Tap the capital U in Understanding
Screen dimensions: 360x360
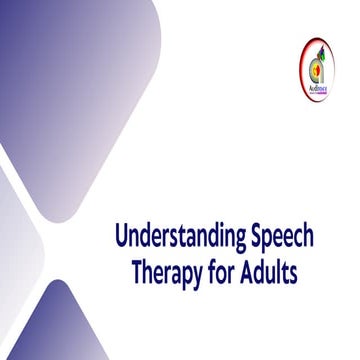pyautogui.click(x=122, y=237)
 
